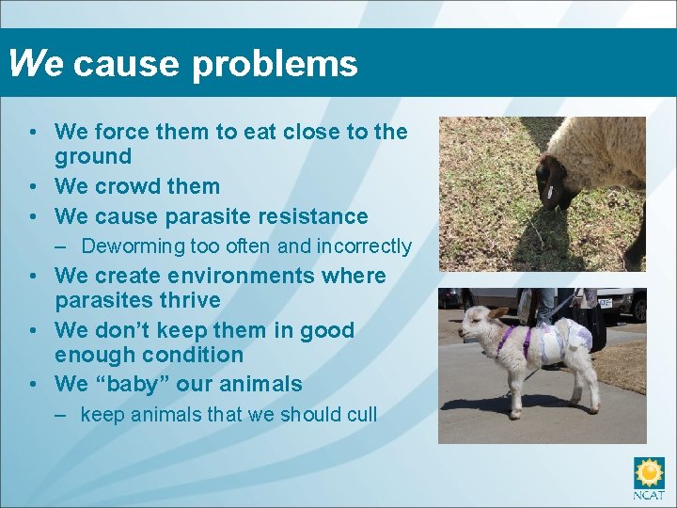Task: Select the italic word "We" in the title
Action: coord(36,63)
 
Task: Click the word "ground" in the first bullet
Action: coord(92,156)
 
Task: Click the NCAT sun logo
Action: coord(649,472)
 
